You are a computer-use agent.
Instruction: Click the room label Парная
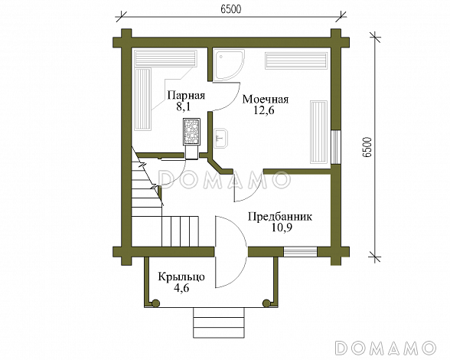[186, 96]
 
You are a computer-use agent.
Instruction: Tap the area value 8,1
[183, 107]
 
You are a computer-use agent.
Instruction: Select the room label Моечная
[266, 100]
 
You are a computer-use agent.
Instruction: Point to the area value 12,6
[264, 110]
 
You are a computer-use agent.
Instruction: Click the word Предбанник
[280, 216]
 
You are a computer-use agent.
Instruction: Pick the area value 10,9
[282, 227]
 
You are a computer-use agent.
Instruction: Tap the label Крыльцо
[181, 277]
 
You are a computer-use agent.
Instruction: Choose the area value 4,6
[181, 287]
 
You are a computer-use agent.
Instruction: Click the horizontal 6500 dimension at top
[231, 9]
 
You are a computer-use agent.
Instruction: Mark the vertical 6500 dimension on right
[367, 147]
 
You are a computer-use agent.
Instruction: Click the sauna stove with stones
[191, 131]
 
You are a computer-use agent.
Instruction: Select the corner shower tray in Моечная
[229, 65]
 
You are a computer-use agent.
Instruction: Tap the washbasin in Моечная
[220, 138]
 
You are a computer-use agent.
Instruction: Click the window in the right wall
[335, 147]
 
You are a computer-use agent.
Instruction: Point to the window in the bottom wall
[300, 252]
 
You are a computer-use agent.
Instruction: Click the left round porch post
[156, 303]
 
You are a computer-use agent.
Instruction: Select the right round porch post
[266, 303]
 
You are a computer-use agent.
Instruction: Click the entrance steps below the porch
[219, 322]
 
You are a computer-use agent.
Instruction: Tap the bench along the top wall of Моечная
[296, 61]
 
